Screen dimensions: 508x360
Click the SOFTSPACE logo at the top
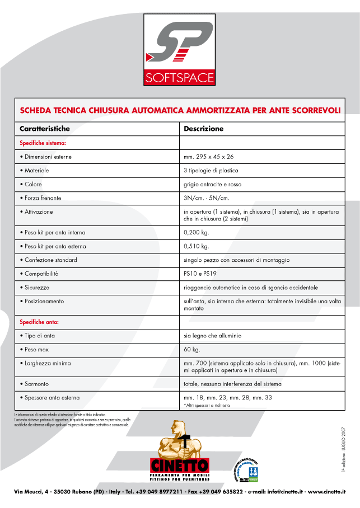click(179, 49)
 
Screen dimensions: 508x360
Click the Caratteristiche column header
click(45, 129)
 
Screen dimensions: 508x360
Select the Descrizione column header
click(204, 129)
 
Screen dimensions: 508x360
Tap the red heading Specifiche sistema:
click(43, 143)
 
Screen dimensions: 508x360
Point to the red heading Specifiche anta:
click(40, 322)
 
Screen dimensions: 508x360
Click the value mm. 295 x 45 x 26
click(209, 157)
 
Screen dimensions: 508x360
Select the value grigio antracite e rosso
click(213, 184)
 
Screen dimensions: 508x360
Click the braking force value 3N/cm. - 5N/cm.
click(207, 198)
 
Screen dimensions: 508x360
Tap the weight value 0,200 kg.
click(196, 232)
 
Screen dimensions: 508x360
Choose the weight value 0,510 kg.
click(196, 246)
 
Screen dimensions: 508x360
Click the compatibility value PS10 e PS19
click(200, 274)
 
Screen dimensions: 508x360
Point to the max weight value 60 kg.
click(191, 350)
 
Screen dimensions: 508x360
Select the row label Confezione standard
click(51, 260)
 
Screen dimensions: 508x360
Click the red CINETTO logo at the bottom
click(179, 465)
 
